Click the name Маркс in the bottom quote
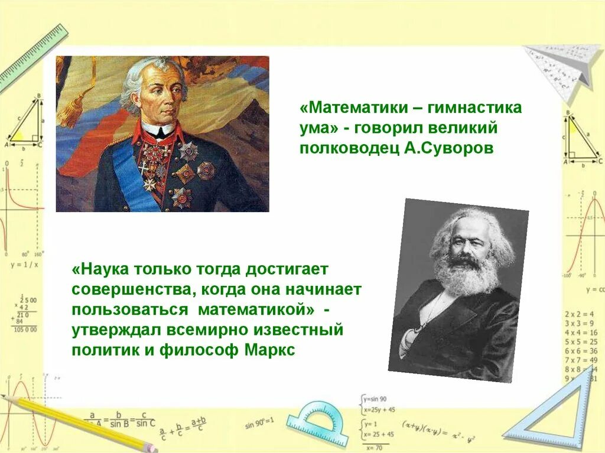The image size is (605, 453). (x=269, y=350)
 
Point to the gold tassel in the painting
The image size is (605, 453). (x=74, y=109)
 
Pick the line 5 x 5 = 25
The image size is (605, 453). (x=580, y=342)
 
